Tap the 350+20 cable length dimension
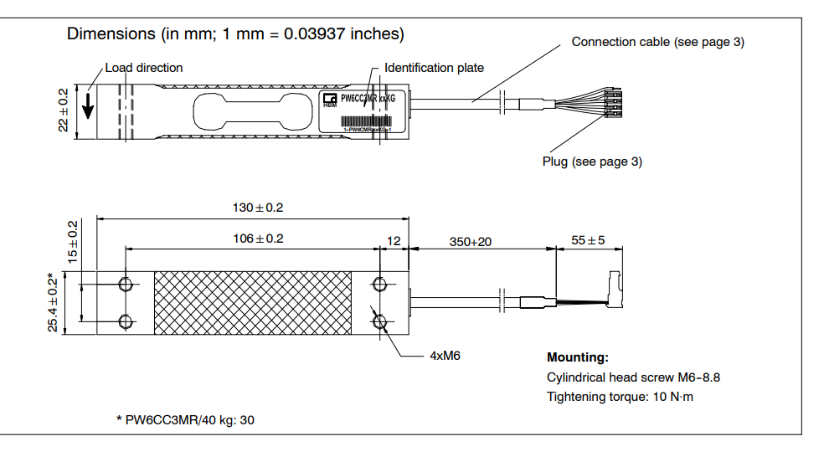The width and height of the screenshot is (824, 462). tap(470, 241)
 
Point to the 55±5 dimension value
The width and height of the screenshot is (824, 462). tap(588, 241)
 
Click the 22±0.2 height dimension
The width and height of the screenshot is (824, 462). tap(64, 112)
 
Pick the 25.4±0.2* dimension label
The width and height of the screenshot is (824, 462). tap(54, 303)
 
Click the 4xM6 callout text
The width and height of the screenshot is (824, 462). tap(445, 356)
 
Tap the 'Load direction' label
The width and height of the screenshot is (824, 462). tap(143, 68)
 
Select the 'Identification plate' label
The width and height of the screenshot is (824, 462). tap(434, 68)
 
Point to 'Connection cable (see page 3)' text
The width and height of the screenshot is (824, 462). tap(657, 42)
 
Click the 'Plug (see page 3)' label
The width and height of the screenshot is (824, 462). tap(592, 162)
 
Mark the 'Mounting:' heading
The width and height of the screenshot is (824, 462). tap(578, 357)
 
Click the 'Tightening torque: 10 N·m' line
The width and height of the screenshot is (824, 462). tap(620, 397)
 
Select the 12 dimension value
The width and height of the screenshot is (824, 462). tap(393, 241)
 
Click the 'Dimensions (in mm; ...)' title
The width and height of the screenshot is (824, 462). tap(235, 34)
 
